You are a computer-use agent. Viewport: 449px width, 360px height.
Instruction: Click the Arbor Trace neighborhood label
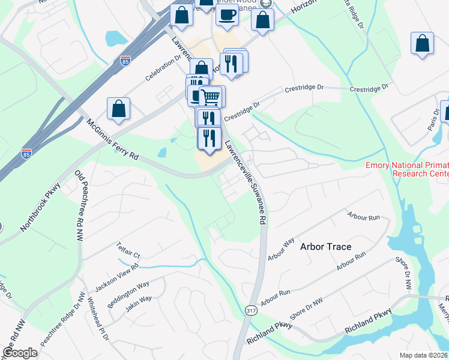[x=325, y=247]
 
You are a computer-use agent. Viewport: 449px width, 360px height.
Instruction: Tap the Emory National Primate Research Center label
[x=407, y=169]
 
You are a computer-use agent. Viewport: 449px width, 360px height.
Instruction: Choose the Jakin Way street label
[x=139, y=304]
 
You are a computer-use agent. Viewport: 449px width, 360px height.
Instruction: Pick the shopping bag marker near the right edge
[x=423, y=43]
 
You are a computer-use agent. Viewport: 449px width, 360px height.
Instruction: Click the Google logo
[x=20, y=353]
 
